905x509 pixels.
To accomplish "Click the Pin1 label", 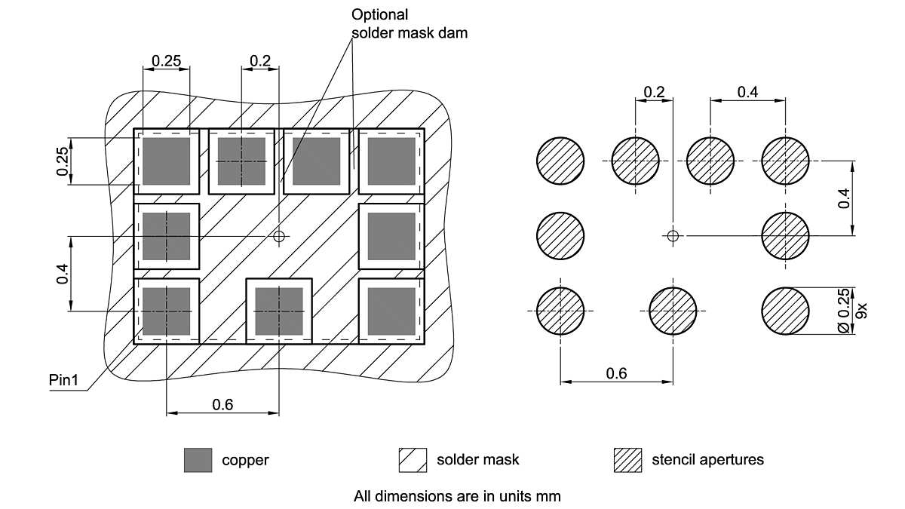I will pyautogui.click(x=63, y=379).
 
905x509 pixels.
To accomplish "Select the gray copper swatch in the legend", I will pyautogui.click(x=198, y=460).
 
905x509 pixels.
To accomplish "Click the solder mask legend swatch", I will pyautogui.click(x=413, y=460).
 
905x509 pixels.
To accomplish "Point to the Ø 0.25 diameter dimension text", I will pyautogui.click(x=845, y=311).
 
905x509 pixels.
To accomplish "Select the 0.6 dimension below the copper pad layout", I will pyautogui.click(x=222, y=405).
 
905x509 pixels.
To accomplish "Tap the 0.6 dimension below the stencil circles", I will pyautogui.click(x=617, y=373).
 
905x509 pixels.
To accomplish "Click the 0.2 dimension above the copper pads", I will pyautogui.click(x=260, y=60).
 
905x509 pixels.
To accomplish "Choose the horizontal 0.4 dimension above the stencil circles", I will pyautogui.click(x=748, y=92).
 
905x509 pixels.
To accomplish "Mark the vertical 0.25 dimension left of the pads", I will pyautogui.click(x=64, y=161).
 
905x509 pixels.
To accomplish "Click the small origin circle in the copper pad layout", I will pyautogui.click(x=280, y=237).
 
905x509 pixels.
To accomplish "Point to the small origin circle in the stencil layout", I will pyautogui.click(x=673, y=237).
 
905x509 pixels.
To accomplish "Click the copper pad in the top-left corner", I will pyautogui.click(x=166, y=161).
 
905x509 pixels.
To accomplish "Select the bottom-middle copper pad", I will pyautogui.click(x=279, y=311).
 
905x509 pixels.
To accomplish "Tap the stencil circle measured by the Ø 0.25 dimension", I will pyautogui.click(x=785, y=311).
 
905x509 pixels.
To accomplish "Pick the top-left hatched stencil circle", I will pyautogui.click(x=560, y=161).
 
